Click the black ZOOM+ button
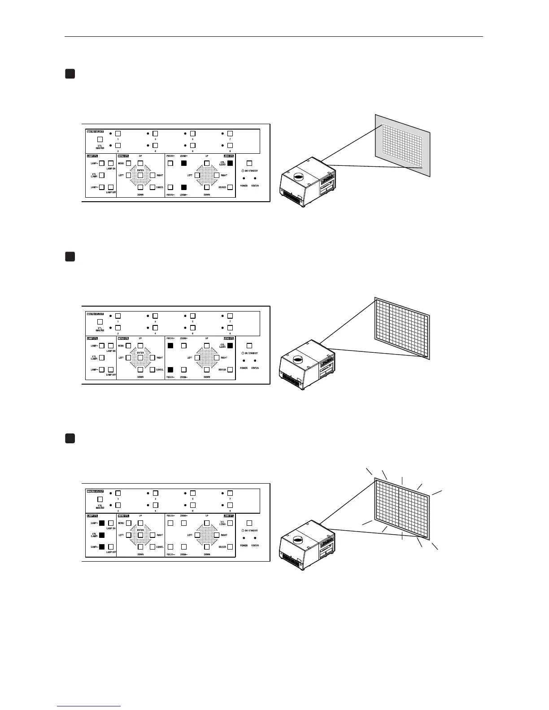pos(183,163)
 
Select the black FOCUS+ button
pos(170,346)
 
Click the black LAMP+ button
pos(102,523)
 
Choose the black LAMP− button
pos(102,546)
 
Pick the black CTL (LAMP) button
pos(102,535)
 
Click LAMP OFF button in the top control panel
pos(110,187)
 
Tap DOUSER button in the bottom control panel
pos(230,546)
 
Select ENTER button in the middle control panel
pos(140,358)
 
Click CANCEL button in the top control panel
pos(153,187)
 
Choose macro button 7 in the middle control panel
pos(230,316)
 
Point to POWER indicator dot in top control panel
pos(244,178)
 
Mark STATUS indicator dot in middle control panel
pos(255,360)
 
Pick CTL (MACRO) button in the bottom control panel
pos(100,499)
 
